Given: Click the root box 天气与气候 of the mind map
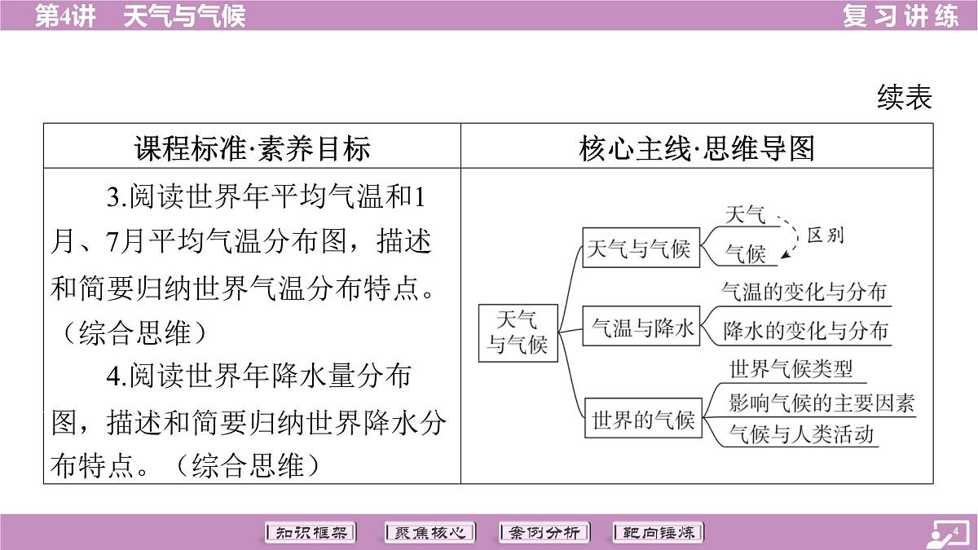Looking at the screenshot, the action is pyautogui.click(x=518, y=333).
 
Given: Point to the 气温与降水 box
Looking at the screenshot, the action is pyautogui.click(x=641, y=326).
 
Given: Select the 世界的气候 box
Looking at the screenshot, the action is pyautogui.click(x=643, y=418).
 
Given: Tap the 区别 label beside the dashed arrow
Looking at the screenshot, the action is pyautogui.click(x=825, y=235).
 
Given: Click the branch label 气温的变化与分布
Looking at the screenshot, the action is pyautogui.click(x=804, y=292).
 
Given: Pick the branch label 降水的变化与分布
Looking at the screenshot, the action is pyautogui.click(x=805, y=331).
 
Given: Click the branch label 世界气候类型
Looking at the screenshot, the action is pyautogui.click(x=791, y=369).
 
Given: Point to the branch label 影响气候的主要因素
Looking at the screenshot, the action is pyautogui.click(x=822, y=403).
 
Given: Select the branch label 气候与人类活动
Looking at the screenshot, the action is pyautogui.click(x=801, y=434).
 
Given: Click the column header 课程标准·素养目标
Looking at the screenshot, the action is pyautogui.click(x=253, y=148).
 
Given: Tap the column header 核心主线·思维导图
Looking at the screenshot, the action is pyautogui.click(x=697, y=148).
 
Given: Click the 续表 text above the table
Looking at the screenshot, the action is pyautogui.click(x=904, y=97).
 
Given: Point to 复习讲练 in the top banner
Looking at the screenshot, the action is pyautogui.click(x=901, y=15).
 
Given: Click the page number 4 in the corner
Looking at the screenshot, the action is pyautogui.click(x=955, y=531).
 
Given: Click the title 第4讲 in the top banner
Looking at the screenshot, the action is pyautogui.click(x=65, y=16).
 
